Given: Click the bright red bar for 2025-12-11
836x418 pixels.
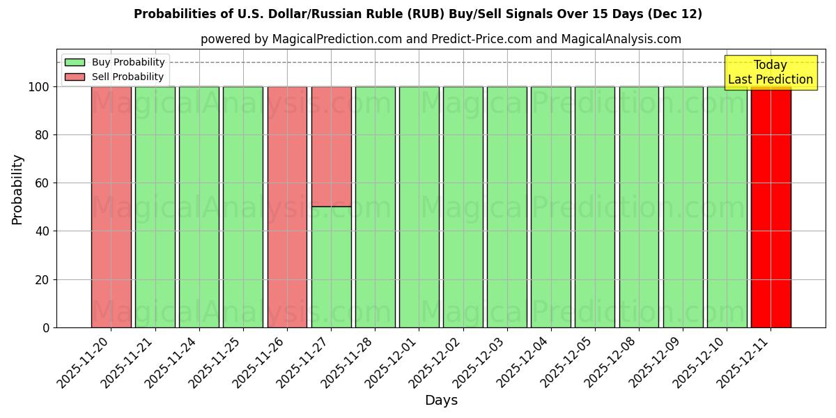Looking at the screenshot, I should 771,207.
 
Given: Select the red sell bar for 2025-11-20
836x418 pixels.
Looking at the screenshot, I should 111,207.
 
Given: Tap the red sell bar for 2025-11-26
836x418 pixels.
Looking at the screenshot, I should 287,207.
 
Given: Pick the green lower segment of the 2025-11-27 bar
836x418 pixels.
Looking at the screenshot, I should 331,267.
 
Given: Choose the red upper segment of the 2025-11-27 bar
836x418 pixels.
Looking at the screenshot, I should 331,146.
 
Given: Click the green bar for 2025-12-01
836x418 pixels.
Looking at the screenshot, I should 419,207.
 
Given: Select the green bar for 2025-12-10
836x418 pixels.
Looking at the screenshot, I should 727,207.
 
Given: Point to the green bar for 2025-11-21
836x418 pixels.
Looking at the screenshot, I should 155,207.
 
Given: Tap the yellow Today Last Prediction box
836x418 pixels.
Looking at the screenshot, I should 770,72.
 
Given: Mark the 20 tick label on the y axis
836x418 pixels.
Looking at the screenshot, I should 42,280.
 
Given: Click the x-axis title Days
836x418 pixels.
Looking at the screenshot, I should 441,401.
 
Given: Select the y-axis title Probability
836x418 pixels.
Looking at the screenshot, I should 17,189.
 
